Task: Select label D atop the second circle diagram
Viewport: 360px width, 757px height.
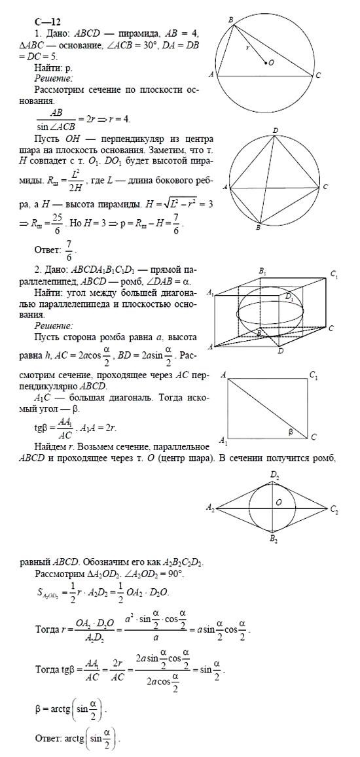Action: tap(276, 130)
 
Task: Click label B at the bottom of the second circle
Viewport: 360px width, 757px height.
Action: tap(259, 227)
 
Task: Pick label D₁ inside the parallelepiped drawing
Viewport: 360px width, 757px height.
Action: tap(290, 296)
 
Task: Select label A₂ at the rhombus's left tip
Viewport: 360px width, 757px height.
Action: tap(210, 507)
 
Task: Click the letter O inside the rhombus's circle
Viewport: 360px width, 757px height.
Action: tap(279, 502)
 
